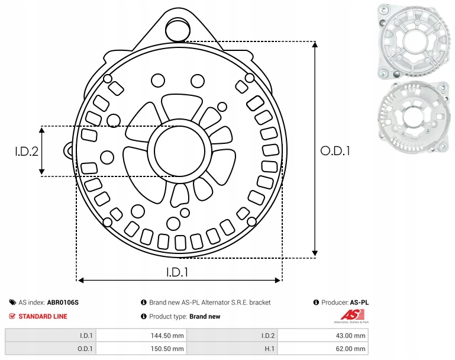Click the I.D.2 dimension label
tap(27, 151)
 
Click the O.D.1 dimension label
tap(335, 151)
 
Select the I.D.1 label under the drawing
tap(178, 272)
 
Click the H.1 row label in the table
tap(269, 349)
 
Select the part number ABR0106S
tap(63, 303)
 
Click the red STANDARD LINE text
tap(43, 316)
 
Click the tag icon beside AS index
tap(12, 303)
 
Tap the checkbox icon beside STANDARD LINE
tap(12, 316)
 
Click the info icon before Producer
tap(316, 303)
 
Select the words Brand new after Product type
tap(205, 316)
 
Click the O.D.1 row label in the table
tap(86, 349)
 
